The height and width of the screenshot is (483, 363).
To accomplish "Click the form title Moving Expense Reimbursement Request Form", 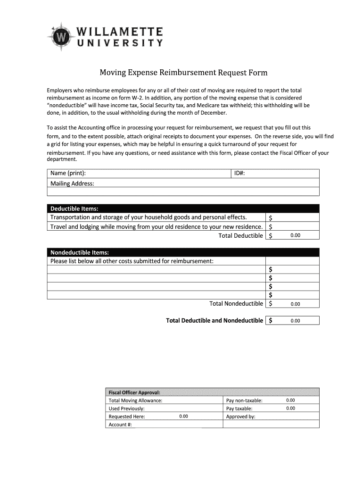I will point(183,73).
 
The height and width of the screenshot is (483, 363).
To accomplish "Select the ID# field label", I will point(239,174).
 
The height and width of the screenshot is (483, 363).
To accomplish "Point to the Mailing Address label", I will point(72,183).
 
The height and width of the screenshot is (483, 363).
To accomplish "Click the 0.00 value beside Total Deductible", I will point(295,235).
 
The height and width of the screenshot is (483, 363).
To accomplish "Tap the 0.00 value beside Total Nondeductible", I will point(295,304).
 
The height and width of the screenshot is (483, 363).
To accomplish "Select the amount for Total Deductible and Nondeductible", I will point(295,321).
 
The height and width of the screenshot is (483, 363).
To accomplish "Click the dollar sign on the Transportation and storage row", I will point(270,218).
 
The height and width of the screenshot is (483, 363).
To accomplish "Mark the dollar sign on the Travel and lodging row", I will point(270,227).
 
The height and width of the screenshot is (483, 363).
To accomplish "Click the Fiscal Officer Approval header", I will point(134,392).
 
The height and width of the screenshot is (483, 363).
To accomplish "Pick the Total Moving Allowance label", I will point(135,400).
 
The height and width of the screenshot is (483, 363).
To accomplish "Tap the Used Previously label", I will point(126,408).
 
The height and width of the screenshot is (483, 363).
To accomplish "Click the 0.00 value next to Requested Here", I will point(183,416).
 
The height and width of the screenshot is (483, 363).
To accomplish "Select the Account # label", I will point(120,425).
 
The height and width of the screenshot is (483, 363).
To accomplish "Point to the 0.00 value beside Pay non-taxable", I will point(290,400).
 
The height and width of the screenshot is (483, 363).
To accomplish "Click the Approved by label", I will point(240,416).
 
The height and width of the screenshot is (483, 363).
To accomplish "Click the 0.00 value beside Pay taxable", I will point(290,408).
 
